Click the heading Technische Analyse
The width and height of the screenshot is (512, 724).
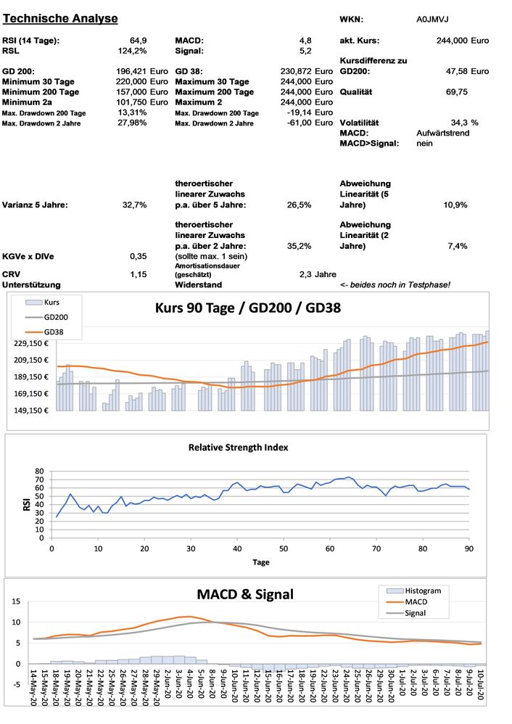coord(60,17)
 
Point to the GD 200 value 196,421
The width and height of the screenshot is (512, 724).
coord(131,72)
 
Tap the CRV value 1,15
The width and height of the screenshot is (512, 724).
coord(139,274)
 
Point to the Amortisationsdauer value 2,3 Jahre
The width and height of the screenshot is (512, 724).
coord(317,275)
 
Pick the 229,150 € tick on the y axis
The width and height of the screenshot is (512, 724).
coord(29,344)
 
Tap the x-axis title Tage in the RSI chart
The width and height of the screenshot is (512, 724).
coord(260,562)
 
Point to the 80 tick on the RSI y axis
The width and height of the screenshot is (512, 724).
coord(39,472)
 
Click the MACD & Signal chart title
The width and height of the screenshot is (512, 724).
coord(245,595)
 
